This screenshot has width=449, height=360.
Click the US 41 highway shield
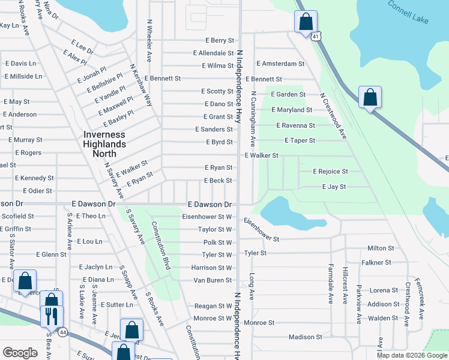[x=316, y=37]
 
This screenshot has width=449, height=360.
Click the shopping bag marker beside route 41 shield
[x=306, y=22]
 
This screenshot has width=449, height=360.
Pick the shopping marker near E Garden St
[x=370, y=97]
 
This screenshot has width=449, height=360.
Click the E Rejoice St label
[x=330, y=172]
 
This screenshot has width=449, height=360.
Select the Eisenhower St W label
[x=208, y=217]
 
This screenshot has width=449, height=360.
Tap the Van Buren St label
[x=212, y=280]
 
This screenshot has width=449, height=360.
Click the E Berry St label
[x=219, y=40]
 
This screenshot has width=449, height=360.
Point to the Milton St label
[x=380, y=248]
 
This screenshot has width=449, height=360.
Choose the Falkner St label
[x=376, y=263]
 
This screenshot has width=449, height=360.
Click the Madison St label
[x=306, y=337]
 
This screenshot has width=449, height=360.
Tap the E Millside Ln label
[x=23, y=76]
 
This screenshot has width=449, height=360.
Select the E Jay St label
[x=334, y=187]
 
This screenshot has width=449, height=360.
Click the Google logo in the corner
[x=20, y=352]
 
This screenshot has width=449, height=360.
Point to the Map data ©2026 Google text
[x=411, y=355]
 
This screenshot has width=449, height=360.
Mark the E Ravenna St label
[x=295, y=125]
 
